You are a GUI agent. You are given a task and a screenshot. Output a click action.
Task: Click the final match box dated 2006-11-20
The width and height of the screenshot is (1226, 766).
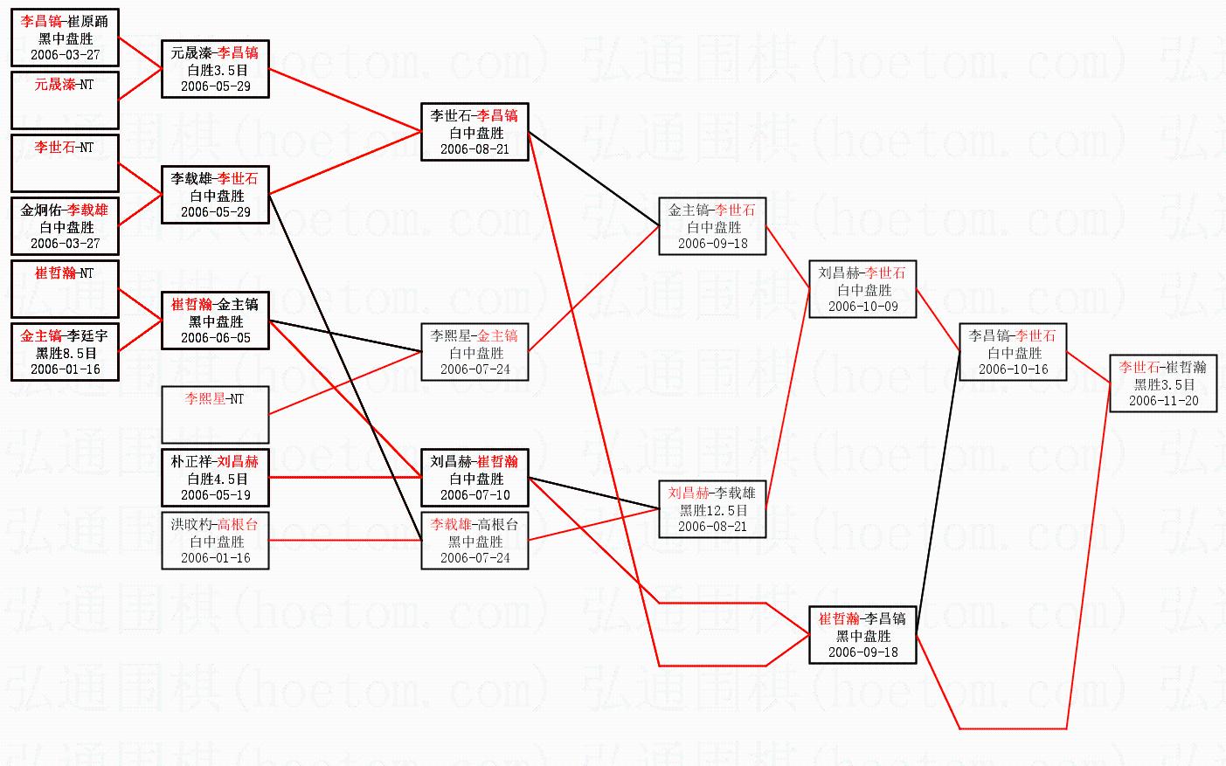(1163, 383)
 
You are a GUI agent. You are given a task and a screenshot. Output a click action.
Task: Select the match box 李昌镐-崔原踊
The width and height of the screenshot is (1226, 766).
(65, 38)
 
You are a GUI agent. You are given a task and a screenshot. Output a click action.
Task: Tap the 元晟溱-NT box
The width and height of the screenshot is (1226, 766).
(65, 100)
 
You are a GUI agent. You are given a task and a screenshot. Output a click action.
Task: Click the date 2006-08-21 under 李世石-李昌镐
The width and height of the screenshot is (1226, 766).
(474, 149)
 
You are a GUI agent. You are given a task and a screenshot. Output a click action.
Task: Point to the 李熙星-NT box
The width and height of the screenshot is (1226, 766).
(215, 415)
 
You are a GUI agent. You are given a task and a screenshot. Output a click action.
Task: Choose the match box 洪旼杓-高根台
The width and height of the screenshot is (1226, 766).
(215, 541)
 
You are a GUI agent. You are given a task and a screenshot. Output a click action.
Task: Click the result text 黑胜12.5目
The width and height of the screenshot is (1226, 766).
(713, 510)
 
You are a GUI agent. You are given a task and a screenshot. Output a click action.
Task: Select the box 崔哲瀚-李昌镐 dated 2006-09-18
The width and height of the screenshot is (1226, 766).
(862, 635)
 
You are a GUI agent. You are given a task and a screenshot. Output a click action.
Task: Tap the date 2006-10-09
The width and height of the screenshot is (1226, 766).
(862, 307)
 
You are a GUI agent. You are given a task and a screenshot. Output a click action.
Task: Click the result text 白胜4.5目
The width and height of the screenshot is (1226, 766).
(215, 479)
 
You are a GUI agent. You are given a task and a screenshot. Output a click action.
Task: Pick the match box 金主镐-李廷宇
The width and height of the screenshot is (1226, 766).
(65, 352)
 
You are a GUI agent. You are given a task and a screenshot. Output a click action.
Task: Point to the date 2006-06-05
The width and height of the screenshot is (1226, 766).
(215, 338)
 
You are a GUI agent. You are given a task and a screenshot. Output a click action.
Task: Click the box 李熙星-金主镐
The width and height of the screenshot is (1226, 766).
(474, 352)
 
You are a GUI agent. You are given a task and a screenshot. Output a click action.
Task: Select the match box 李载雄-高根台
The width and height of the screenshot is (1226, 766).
(474, 541)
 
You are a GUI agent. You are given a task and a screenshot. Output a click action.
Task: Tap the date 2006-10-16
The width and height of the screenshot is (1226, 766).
(1013, 369)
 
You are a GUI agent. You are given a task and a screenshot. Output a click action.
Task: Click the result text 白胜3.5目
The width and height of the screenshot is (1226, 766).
(215, 70)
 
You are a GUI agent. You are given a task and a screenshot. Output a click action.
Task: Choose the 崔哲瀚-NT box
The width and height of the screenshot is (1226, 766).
(65, 289)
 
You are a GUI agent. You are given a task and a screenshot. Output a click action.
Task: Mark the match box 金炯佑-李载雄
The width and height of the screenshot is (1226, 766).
(65, 226)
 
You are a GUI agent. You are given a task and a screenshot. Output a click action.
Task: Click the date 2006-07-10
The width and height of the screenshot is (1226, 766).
(474, 495)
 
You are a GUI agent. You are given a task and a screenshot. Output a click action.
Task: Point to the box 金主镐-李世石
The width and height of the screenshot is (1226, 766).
(713, 226)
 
